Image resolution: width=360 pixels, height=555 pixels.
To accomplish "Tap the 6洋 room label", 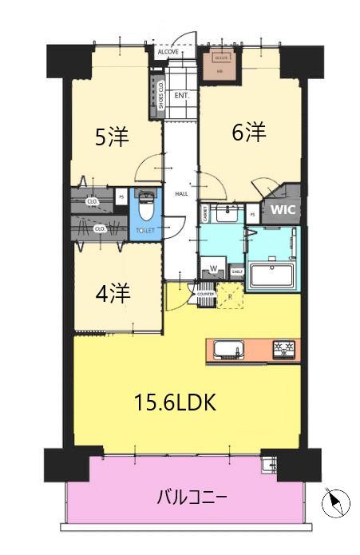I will point(248,133).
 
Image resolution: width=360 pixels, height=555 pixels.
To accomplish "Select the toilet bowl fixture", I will point(145,209).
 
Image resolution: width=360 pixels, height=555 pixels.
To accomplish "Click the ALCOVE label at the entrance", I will point(168,52).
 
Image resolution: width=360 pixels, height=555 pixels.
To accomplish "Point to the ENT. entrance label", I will point(181,95).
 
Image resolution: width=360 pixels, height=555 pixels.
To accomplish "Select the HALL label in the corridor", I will point(181,194).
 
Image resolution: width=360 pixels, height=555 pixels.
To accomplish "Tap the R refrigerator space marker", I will point(230,299).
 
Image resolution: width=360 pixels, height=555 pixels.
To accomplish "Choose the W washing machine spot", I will point(213,268).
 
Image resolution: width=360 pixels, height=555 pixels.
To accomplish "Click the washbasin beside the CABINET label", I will point(230,211).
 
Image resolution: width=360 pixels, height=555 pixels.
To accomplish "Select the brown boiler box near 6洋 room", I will point(221,65).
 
